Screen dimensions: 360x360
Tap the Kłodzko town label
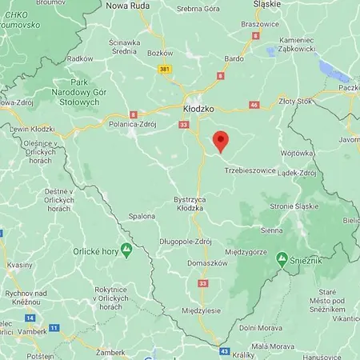click(x=195, y=107)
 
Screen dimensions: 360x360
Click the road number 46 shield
click(x=254, y=105)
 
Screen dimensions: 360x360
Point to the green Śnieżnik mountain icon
click(x=282, y=258)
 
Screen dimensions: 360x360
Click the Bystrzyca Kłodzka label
click(x=190, y=203)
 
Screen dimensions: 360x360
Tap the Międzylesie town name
click(x=201, y=310)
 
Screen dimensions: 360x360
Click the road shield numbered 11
click(x=54, y=328)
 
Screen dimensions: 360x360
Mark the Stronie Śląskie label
click(x=295, y=206)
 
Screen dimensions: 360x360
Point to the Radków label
click(x=80, y=58)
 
